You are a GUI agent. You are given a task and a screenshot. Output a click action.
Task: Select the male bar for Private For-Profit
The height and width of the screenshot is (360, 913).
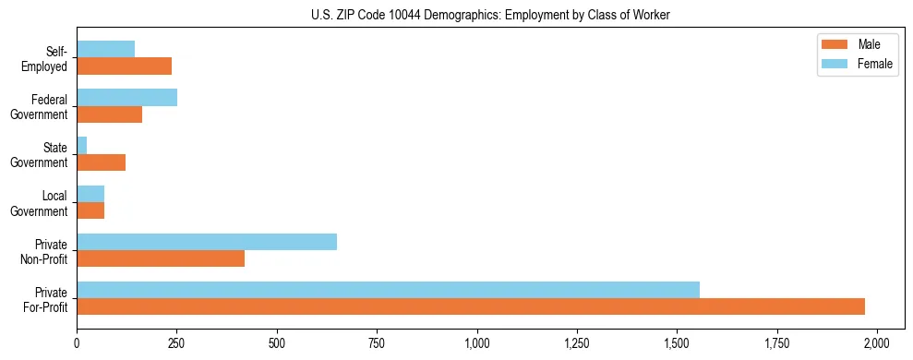pos(471,306)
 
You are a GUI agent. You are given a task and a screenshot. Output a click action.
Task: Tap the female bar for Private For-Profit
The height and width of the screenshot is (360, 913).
pos(388,290)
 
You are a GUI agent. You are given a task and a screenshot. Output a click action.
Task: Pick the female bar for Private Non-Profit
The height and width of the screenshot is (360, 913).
pos(207,242)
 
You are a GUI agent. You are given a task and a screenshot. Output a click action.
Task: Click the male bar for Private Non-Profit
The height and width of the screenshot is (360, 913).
pos(161,258)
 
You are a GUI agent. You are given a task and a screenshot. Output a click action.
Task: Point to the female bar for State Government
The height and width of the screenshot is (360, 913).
pos(82,146)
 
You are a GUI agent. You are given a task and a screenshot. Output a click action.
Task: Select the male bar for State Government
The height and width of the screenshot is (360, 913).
pos(102,162)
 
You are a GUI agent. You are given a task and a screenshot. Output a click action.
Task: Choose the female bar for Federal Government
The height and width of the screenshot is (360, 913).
pos(127,98)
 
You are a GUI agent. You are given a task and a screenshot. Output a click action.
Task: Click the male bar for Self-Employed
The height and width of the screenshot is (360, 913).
pos(125,66)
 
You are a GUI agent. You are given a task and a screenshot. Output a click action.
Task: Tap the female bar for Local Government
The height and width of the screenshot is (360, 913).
pos(90,194)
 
